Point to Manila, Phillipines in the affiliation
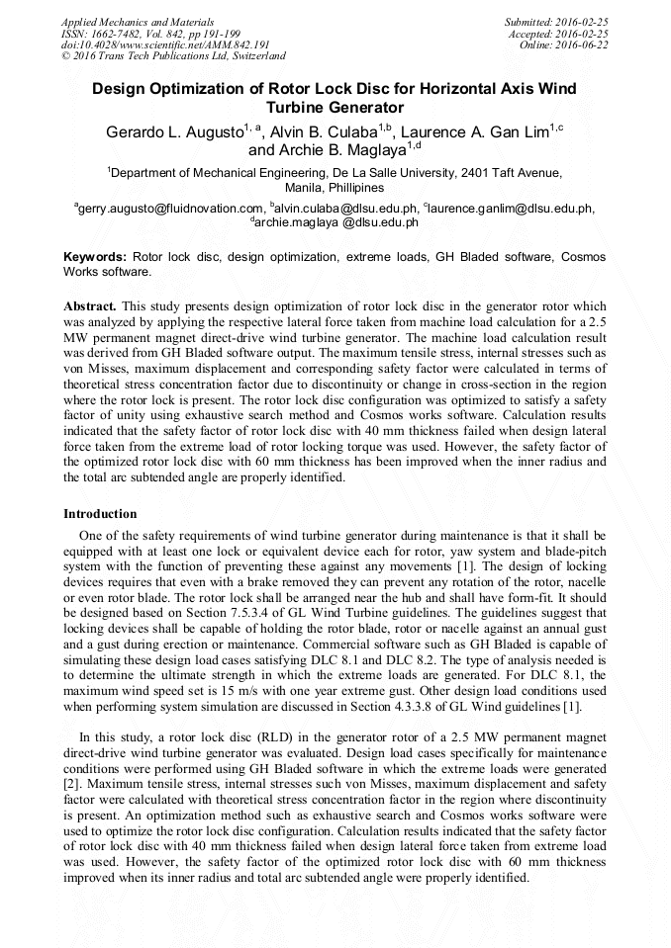(335, 187)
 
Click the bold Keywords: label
(95, 256)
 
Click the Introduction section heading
(100, 514)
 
